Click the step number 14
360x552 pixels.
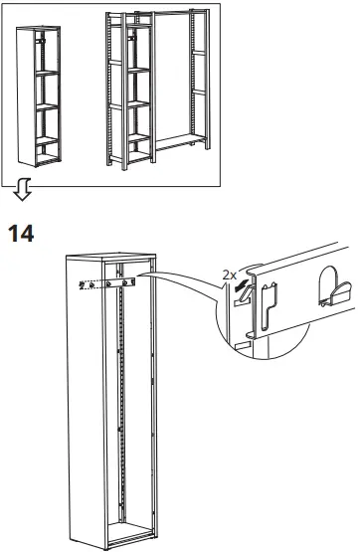point(21,235)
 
